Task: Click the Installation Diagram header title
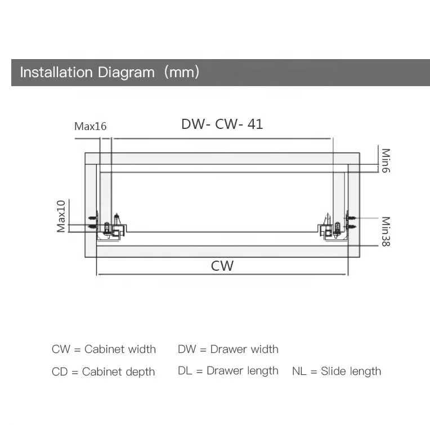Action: [x=87, y=73]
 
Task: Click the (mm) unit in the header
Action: [x=182, y=73]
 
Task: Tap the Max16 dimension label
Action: [x=90, y=126]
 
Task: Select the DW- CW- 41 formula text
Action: [x=222, y=124]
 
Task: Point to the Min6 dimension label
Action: [x=386, y=160]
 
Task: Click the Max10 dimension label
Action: [x=61, y=216]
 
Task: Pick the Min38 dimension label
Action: [x=386, y=232]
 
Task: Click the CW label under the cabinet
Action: [x=222, y=265]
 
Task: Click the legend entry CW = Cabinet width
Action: [x=104, y=349]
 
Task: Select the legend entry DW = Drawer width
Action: [x=228, y=349]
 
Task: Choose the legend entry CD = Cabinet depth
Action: [x=103, y=372]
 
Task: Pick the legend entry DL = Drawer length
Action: [x=228, y=370]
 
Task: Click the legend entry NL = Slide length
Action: [x=336, y=371]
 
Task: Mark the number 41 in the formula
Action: [x=255, y=124]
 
